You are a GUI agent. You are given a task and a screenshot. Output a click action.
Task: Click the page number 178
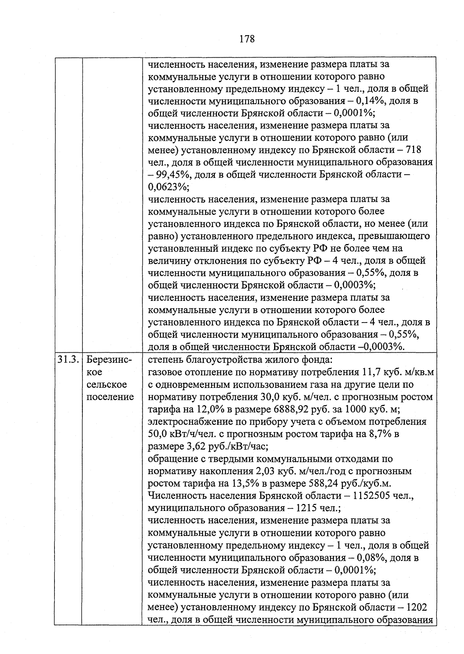pyautogui.click(x=247, y=39)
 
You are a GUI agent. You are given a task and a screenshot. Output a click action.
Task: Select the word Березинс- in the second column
pyautogui.click(x=109, y=360)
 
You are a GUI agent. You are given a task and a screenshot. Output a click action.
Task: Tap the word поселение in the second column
pyautogui.click(x=109, y=397)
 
